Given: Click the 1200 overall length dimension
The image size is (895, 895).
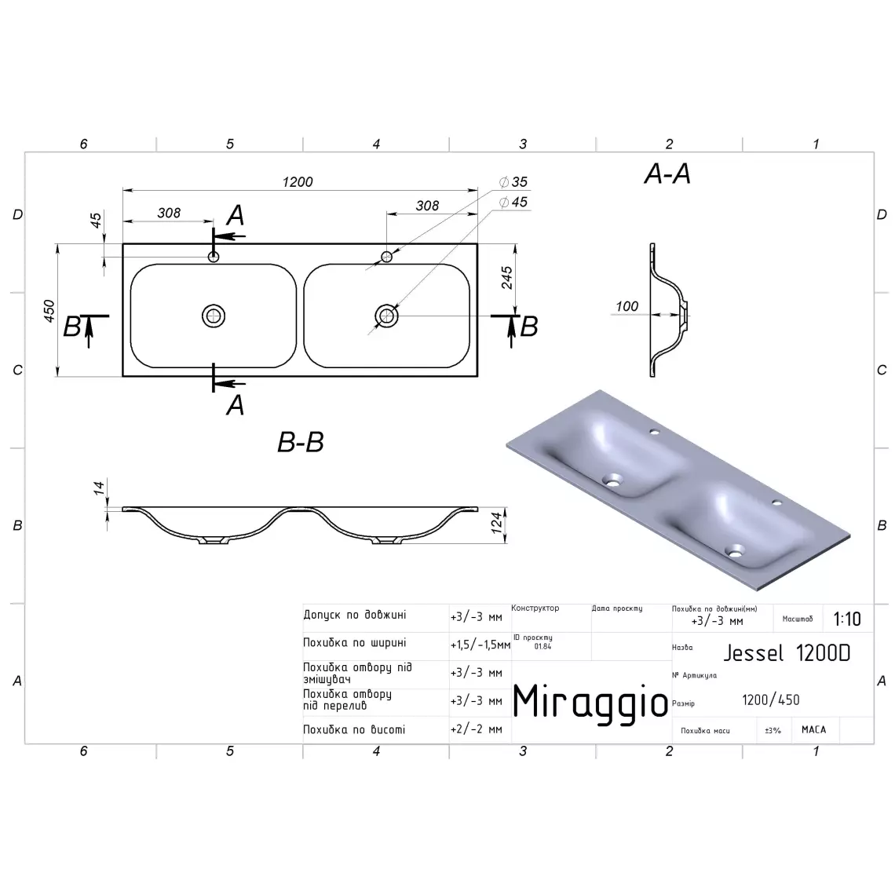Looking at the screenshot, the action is point(298,181).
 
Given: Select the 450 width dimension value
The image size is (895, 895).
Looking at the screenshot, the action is point(49,311).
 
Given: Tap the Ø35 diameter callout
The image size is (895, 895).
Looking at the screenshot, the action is point(513,181).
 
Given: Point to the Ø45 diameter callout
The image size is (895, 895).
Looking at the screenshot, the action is point(513,202).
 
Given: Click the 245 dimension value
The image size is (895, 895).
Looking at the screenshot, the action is point(506,277).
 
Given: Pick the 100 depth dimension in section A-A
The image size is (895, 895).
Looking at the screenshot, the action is point(626,306).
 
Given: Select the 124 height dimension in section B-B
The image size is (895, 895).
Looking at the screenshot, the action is point(497,523).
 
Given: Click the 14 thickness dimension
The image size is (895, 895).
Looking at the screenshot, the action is point(99,488).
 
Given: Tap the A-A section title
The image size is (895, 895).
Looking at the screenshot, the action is point(667,174).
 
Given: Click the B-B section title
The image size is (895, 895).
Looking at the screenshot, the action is point(300,442).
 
